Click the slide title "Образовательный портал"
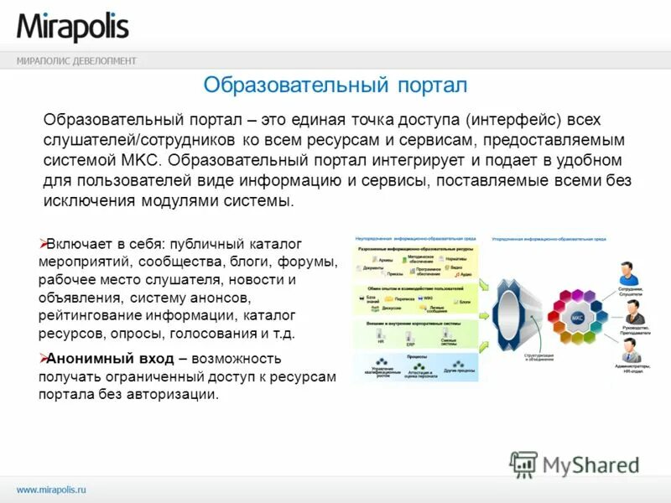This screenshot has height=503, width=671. point(335,85)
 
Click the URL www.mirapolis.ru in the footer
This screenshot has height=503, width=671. point(52,488)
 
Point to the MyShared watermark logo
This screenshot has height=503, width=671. point(575,464)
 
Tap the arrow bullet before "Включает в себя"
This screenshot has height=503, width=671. point(45,243)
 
